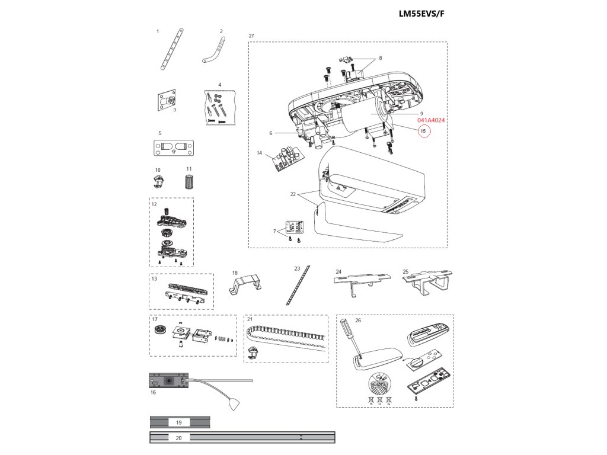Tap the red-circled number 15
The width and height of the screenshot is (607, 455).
pos(423,130)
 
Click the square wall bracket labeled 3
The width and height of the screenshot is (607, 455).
pos(168,101)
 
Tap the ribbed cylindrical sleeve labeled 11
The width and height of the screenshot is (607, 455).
pos(189,181)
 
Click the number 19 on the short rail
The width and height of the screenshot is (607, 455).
pos(179,422)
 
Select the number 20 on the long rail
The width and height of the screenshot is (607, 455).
pos(179,438)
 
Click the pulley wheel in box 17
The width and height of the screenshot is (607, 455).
pos(158,330)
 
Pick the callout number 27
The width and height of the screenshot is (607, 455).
pos(251,36)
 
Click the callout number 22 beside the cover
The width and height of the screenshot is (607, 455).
pos(292,194)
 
